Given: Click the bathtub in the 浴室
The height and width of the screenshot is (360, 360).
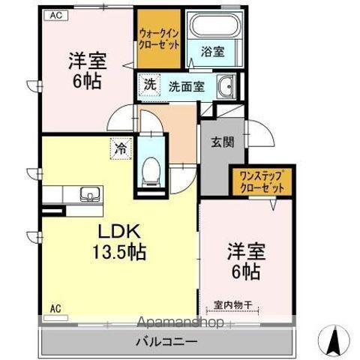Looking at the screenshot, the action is (214, 25).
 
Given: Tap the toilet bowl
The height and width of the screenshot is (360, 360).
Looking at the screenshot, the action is (151, 170).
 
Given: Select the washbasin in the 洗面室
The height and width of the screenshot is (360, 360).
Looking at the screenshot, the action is (226, 86).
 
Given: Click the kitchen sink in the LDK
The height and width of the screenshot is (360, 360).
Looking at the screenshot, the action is (90, 193).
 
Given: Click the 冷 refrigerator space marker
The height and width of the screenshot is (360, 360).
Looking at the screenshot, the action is (121, 148).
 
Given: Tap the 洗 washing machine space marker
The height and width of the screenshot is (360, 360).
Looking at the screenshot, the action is (150, 85).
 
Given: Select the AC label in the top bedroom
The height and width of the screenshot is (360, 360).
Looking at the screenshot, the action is (56, 15).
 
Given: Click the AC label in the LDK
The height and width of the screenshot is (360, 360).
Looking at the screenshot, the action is (55, 308).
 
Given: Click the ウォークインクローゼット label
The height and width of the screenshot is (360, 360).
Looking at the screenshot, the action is (159, 39).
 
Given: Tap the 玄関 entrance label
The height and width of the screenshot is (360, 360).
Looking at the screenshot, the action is (223, 142).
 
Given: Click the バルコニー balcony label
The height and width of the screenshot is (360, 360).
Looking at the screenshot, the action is (166, 341).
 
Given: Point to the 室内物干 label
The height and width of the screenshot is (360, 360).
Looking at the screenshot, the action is (232, 305).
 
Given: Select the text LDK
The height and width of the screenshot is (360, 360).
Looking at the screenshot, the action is (119, 232).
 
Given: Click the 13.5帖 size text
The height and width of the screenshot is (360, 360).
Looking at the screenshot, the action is (119, 252).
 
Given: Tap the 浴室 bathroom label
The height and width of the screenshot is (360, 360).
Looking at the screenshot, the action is (212, 52).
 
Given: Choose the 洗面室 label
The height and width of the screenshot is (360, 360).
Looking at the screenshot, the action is (187, 86).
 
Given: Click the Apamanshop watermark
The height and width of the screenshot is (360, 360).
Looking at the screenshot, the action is (180, 322).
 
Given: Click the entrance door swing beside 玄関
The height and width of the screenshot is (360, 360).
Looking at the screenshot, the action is (260, 133).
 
